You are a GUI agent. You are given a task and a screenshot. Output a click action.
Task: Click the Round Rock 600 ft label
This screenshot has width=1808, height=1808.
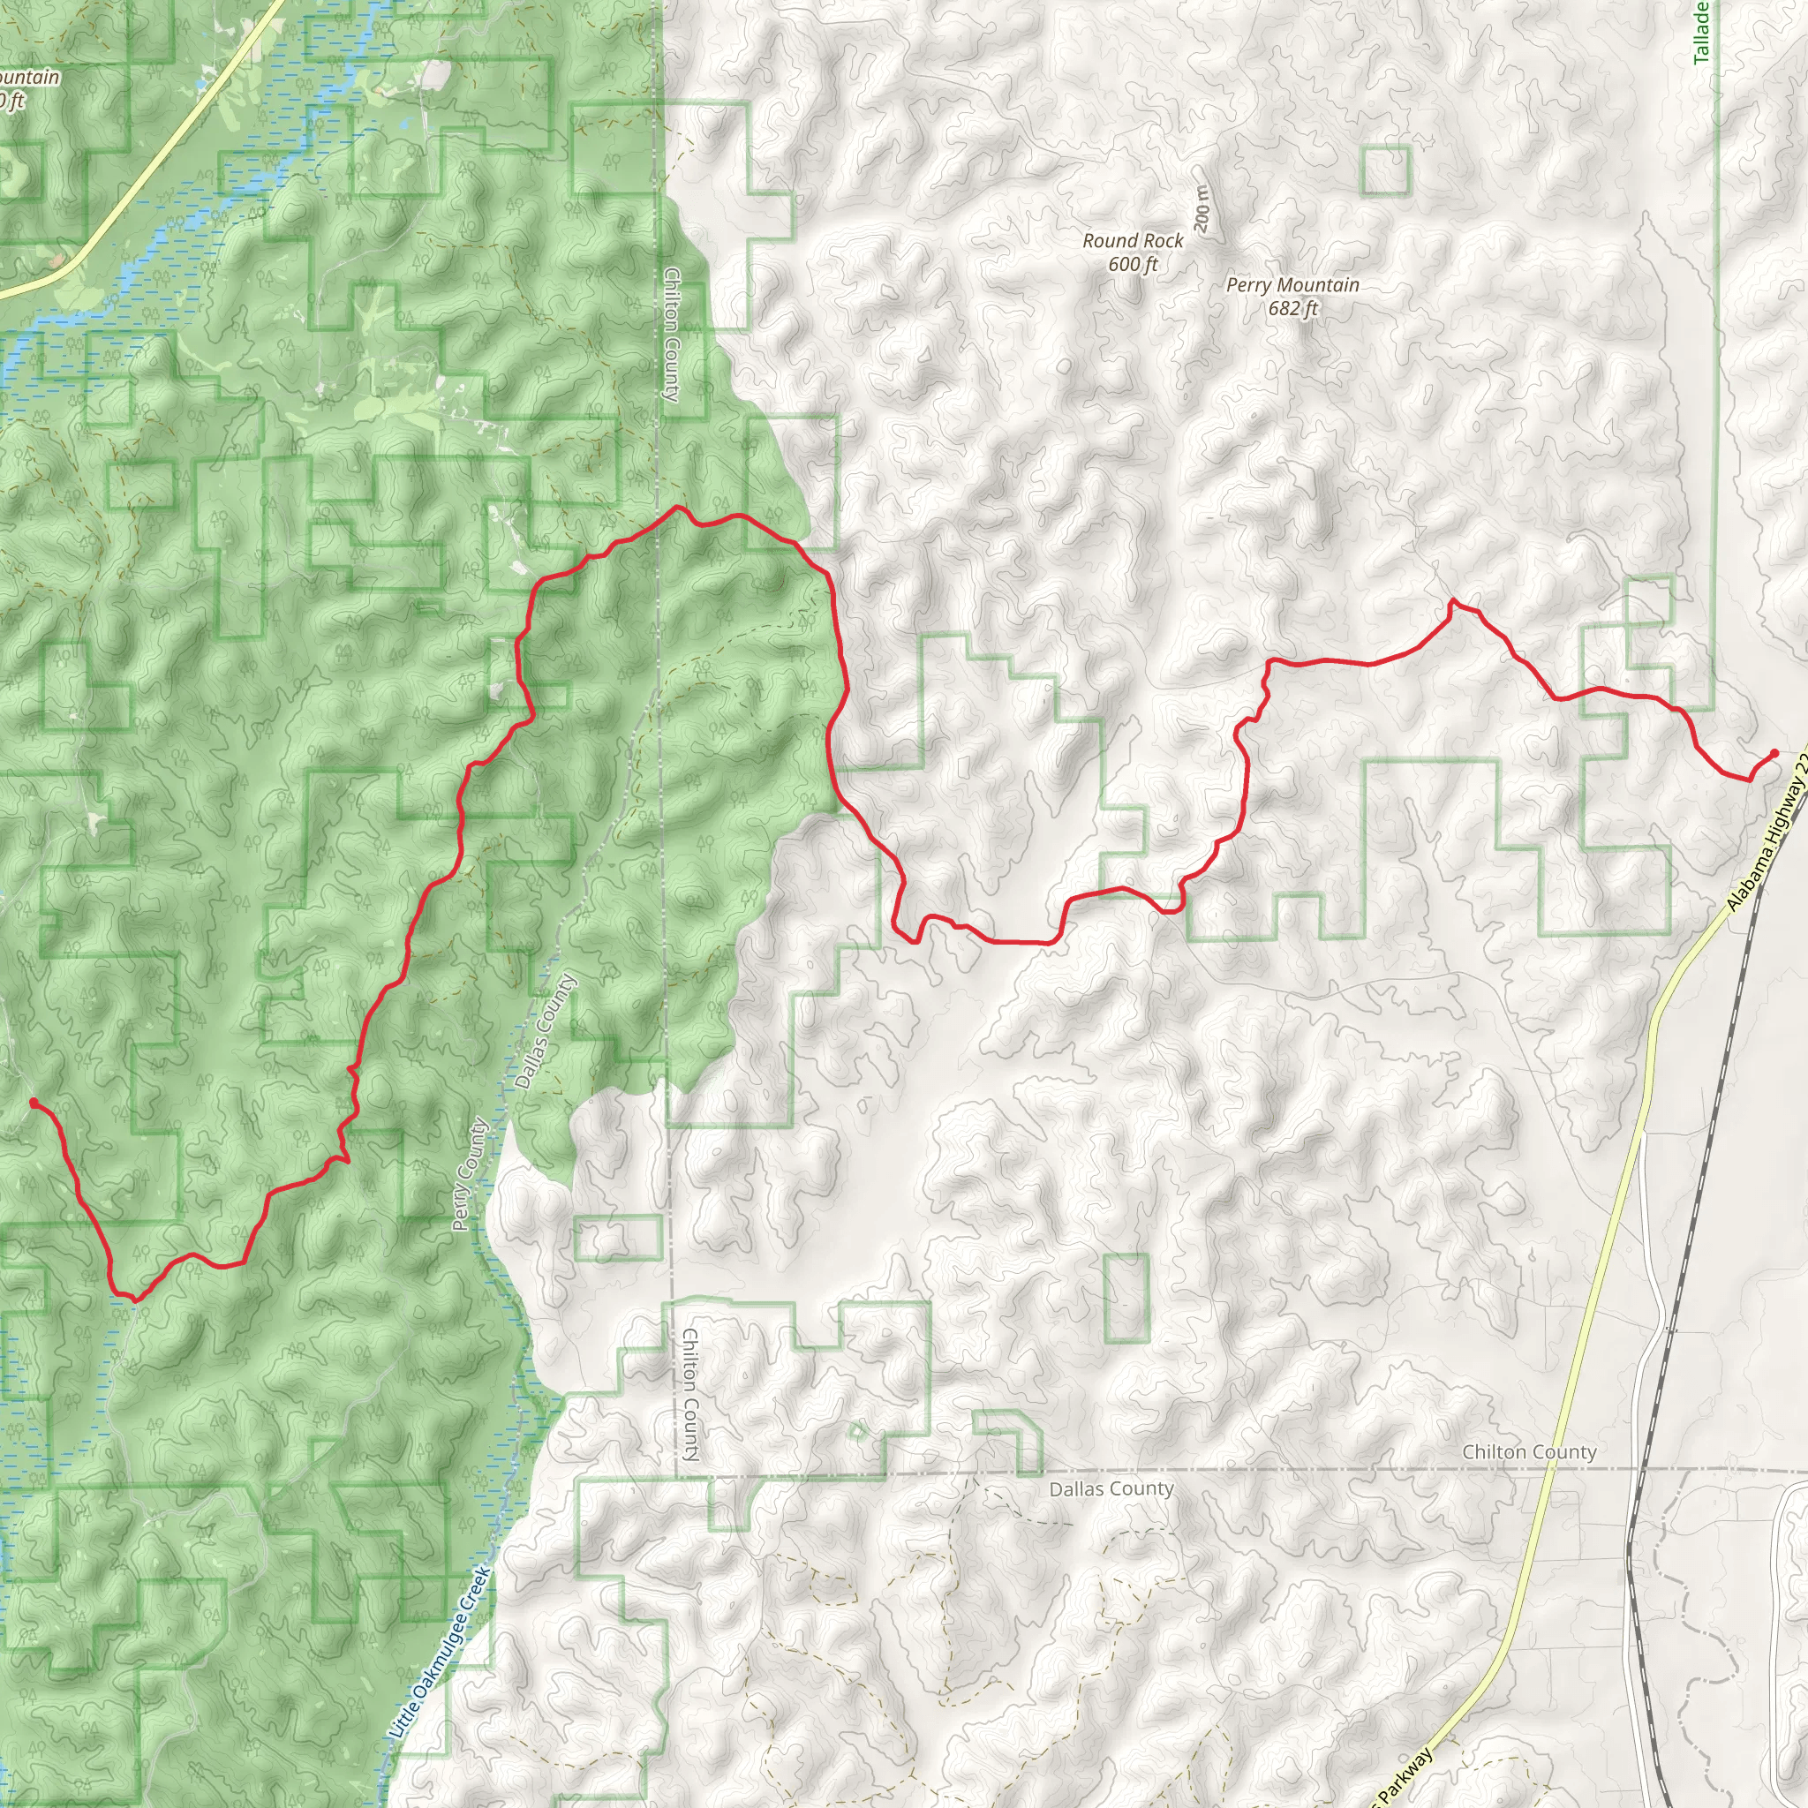coord(1133,252)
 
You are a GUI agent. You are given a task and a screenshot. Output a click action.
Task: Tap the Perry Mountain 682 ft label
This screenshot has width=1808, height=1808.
coord(1292,296)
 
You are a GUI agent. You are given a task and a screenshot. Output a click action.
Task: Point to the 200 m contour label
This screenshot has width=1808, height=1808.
coord(1202,207)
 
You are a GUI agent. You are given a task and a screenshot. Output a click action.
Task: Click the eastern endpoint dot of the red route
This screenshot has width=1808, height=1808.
coord(1774,752)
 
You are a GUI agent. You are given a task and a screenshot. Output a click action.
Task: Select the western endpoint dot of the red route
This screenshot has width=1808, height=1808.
coord(34,1103)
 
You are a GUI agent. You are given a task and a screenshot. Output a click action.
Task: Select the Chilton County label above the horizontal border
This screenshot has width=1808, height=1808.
coord(1529,1451)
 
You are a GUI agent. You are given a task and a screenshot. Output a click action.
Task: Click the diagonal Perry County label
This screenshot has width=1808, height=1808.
coord(470,1174)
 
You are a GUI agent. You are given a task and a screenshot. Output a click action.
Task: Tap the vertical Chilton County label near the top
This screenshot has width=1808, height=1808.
coord(671,334)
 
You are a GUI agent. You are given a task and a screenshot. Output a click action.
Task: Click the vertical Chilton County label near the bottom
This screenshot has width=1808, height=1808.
coord(689,1394)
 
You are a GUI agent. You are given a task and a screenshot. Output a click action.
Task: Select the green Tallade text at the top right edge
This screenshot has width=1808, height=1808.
coord(1701,32)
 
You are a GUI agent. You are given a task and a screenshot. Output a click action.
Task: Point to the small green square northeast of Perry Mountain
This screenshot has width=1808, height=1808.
coord(1385,171)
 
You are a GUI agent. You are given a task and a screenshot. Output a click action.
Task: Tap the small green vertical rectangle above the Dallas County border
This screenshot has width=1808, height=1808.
coord(1126,1298)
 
